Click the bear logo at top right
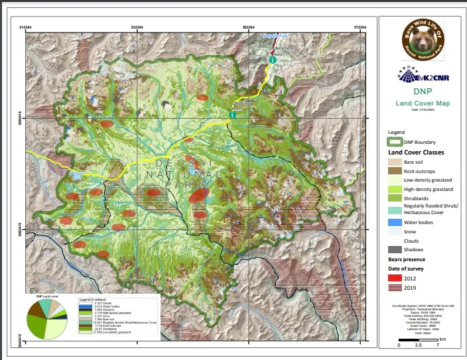423,40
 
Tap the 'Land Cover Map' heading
423,103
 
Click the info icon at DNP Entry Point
232,115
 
